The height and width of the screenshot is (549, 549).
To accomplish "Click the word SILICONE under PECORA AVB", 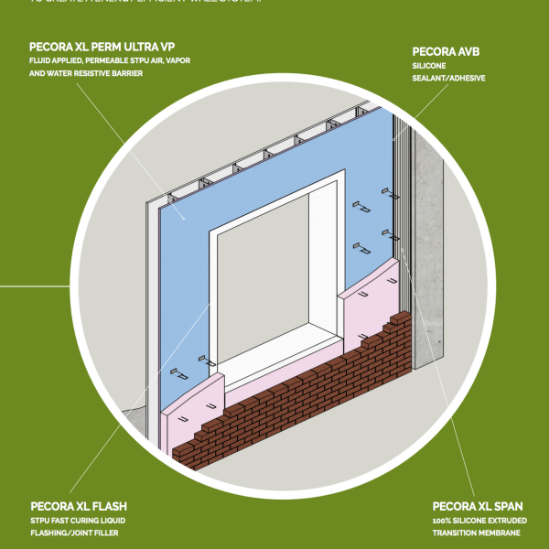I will (430, 66).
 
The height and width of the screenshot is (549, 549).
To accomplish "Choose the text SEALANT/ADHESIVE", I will (448, 79).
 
